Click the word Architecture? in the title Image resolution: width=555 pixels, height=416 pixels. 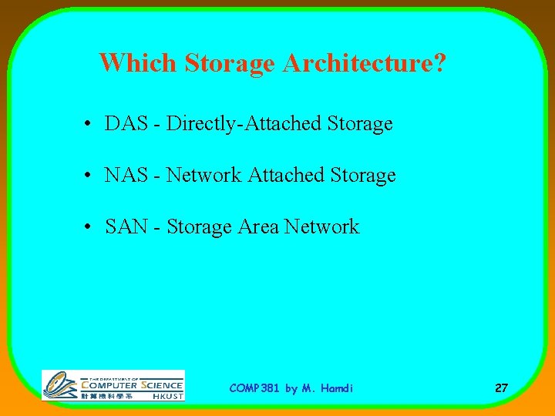click(x=364, y=62)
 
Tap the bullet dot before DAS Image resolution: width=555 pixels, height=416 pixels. click(x=90, y=124)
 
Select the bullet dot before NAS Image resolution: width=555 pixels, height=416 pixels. click(x=90, y=176)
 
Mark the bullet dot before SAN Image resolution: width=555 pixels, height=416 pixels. click(x=90, y=227)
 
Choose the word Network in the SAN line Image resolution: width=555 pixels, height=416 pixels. click(x=322, y=226)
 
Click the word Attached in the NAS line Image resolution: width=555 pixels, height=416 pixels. click(x=286, y=175)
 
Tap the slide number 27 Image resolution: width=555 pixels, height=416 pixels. click(x=501, y=388)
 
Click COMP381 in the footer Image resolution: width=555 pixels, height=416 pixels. click(x=254, y=388)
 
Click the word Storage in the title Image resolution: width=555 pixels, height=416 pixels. click(x=229, y=62)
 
